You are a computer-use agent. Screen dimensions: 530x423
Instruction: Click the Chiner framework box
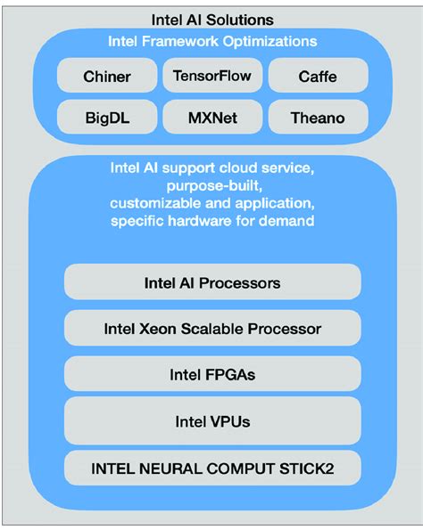[106, 77]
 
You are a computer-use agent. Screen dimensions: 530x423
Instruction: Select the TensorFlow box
[212, 76]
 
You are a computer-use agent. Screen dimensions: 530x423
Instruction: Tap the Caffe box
[317, 77]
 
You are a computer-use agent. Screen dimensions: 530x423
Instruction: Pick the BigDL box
[106, 117]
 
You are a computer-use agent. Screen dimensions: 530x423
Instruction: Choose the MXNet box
[212, 117]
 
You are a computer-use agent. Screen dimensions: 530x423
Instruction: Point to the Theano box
[317, 117]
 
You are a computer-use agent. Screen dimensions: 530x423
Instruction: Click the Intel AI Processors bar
[212, 283]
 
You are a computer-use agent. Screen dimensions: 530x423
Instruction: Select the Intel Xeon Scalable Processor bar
[212, 329]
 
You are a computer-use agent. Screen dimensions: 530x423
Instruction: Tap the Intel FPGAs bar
[212, 374]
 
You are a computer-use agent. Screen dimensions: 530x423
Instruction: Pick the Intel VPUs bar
[212, 420]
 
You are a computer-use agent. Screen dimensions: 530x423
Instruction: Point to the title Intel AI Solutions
[212, 19]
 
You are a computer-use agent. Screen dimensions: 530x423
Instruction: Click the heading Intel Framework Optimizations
[212, 41]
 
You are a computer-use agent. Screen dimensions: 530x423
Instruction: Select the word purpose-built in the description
[212, 185]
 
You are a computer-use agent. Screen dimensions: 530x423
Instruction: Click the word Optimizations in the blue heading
[270, 41]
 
